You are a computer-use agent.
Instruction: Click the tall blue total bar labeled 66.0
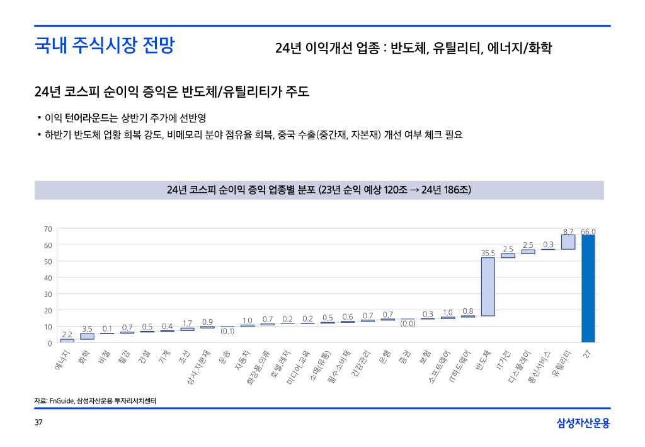click(x=588, y=289)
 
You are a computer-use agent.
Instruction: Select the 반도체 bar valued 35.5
click(x=488, y=286)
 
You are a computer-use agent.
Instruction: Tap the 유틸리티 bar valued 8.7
click(x=568, y=241)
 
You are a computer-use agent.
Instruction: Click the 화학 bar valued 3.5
click(x=87, y=336)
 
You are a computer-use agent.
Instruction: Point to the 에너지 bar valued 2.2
click(x=67, y=340)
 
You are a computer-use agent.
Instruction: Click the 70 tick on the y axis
click(x=48, y=228)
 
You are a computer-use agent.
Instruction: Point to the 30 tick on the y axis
click(x=48, y=294)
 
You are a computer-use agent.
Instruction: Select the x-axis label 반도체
click(x=482, y=361)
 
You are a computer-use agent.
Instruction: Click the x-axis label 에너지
click(x=62, y=363)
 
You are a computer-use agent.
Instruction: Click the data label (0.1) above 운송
click(x=227, y=331)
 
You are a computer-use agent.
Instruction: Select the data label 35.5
click(x=488, y=253)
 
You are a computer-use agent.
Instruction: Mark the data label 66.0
click(x=588, y=231)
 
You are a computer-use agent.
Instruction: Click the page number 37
click(x=38, y=422)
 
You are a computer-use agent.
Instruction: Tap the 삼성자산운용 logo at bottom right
click(x=583, y=423)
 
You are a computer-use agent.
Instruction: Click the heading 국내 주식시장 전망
click(x=104, y=45)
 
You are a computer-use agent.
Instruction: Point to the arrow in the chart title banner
click(x=414, y=190)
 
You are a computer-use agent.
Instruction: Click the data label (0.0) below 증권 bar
click(x=408, y=324)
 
